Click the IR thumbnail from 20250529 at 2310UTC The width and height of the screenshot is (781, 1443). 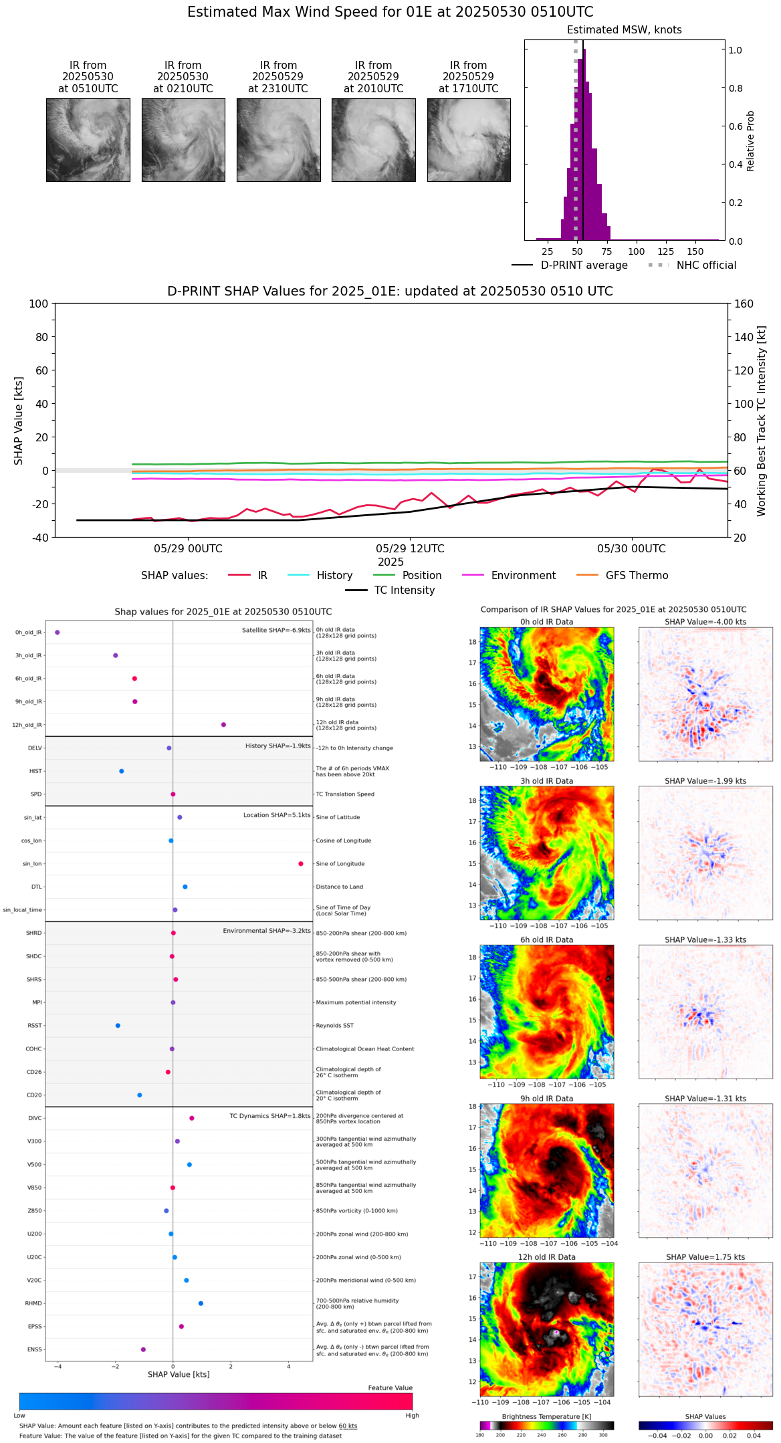(x=278, y=140)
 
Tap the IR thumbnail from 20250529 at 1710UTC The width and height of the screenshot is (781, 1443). (x=469, y=140)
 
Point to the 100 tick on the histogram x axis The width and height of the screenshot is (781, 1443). (x=637, y=251)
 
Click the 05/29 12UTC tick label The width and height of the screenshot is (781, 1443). (x=410, y=549)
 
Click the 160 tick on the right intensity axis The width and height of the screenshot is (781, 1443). (x=744, y=304)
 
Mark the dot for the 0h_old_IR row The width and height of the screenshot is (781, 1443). (x=58, y=633)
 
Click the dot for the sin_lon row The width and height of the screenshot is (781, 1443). (x=301, y=864)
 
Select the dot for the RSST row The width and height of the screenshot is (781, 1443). (x=118, y=1026)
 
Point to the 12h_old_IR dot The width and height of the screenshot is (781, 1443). (x=223, y=725)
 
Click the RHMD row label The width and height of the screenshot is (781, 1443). (x=33, y=1303)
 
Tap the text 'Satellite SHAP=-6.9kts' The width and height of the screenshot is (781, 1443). (x=276, y=631)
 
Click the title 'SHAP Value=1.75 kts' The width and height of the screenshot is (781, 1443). (x=705, y=1257)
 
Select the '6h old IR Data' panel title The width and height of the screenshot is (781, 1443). (x=546, y=940)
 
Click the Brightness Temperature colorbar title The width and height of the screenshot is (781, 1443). (x=546, y=1417)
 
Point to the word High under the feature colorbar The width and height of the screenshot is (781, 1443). (x=412, y=1416)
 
